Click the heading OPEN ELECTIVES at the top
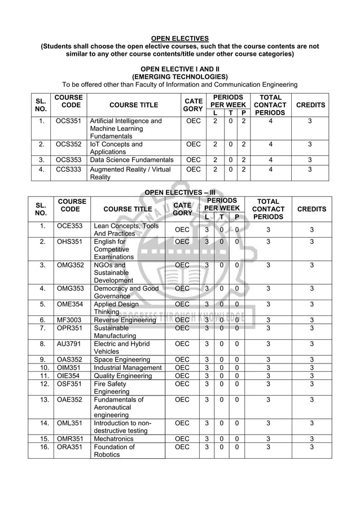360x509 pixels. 179,38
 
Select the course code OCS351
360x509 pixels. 68,121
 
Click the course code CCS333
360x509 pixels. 68,169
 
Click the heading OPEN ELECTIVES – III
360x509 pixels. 180,192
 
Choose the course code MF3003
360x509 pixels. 69,320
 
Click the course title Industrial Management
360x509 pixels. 128,368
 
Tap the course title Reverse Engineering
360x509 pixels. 125,320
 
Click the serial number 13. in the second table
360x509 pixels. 41,400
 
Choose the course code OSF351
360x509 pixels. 69,384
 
